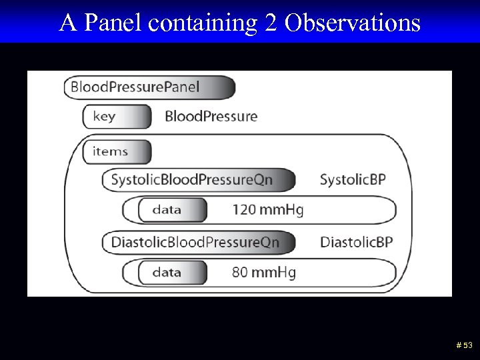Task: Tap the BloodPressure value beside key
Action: tap(211, 117)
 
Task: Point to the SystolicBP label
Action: tap(353, 179)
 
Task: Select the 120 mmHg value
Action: tap(267, 210)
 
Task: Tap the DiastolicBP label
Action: tap(356, 241)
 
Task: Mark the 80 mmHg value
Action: tap(263, 272)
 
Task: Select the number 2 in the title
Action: tap(270, 23)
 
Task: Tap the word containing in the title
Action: tap(203, 23)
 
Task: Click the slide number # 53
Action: tap(464, 345)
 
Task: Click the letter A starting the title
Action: tap(67, 23)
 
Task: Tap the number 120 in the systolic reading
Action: tap(243, 210)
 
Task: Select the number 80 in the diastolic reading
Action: tap(239, 272)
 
